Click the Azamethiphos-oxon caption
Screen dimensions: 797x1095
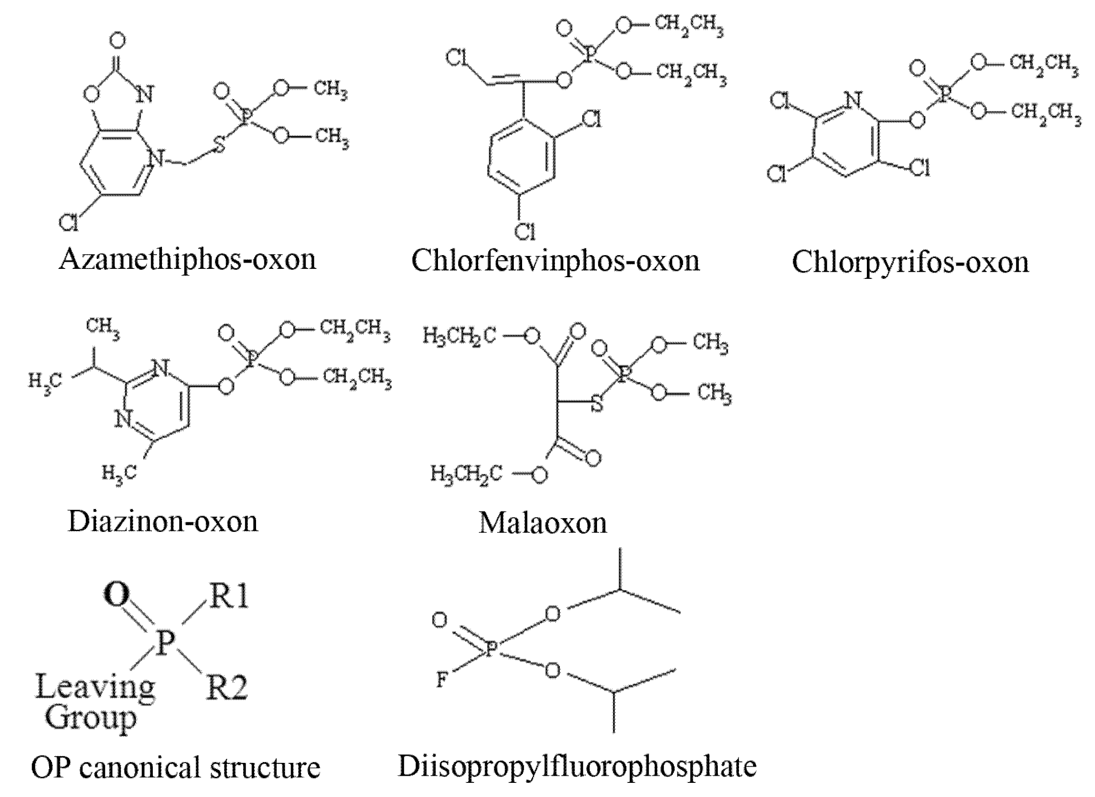[x=187, y=260]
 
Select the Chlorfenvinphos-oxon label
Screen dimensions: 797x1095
[x=555, y=261]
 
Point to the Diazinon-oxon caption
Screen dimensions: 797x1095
[x=163, y=522]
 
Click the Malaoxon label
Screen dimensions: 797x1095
[x=543, y=523]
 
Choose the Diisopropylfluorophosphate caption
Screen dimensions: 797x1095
[x=577, y=766]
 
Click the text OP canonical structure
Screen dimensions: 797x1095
[x=176, y=767]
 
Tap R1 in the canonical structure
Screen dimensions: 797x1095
[x=229, y=597]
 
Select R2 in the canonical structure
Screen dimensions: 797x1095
[x=227, y=688]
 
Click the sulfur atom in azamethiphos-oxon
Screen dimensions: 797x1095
[x=220, y=144]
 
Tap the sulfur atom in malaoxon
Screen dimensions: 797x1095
[x=597, y=404]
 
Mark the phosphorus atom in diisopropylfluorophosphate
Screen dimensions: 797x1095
[x=490, y=649]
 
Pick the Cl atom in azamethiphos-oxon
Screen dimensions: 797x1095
[x=69, y=223]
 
